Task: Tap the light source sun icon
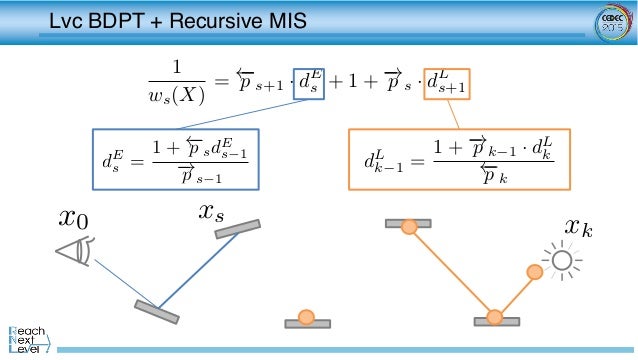tap(561, 262)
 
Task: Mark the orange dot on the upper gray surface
tap(408, 227)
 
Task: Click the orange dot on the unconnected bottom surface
tap(307, 318)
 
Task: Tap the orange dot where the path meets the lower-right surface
tap(494, 318)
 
